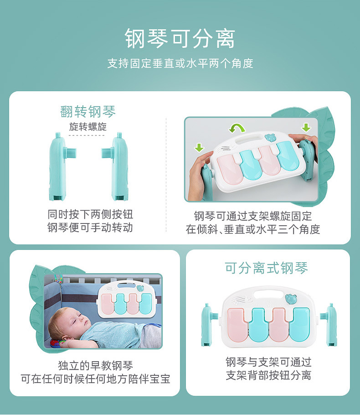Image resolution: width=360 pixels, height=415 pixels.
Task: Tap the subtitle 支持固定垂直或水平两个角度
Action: (180, 63)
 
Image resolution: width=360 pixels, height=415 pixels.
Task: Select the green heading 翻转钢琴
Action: (88, 112)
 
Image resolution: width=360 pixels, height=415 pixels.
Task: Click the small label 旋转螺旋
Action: (88, 127)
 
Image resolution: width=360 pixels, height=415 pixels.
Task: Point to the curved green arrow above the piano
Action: (237, 128)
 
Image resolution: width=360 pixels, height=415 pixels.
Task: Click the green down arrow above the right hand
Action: (306, 127)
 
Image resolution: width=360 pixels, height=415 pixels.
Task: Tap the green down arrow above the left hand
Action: (199, 147)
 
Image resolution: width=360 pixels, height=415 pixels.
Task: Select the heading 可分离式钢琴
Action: (267, 268)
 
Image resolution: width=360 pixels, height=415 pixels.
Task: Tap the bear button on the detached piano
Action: (290, 299)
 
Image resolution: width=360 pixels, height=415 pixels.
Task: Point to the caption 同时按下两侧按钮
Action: (90, 214)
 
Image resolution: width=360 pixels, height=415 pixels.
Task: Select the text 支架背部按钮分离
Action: (268, 376)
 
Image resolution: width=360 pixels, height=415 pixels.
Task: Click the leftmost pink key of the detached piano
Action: (237, 326)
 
